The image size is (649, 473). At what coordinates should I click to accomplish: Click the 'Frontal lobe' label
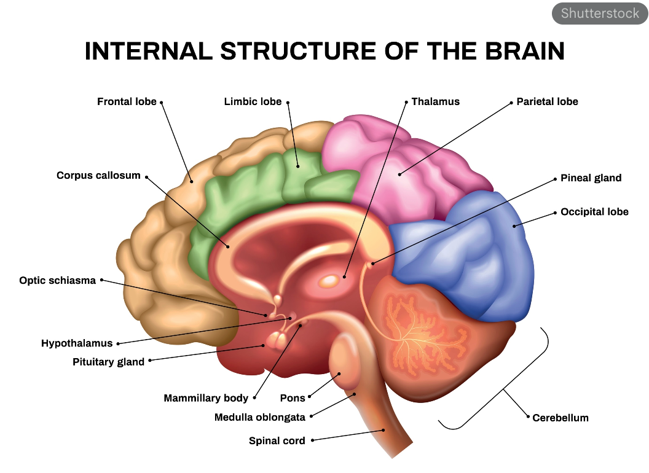127,102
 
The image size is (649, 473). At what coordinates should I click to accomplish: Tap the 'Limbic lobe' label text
253,102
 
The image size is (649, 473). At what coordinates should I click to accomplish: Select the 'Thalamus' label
435,102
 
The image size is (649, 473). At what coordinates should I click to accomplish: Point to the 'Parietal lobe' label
547,102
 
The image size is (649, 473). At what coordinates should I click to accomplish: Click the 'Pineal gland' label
591,178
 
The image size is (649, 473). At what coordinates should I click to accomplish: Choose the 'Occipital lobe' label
594,212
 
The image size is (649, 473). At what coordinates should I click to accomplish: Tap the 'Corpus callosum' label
98,176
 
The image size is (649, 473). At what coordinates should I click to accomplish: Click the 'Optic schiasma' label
58,281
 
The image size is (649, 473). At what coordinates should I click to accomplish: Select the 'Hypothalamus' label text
77,343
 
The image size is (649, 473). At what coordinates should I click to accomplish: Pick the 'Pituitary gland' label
108,362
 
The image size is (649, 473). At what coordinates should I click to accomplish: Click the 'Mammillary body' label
206,398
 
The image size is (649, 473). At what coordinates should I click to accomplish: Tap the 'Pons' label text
293,398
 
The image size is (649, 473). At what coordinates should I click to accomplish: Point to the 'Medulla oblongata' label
259,418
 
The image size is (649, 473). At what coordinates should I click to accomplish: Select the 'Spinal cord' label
277,440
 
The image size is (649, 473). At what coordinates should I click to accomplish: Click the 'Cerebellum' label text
560,418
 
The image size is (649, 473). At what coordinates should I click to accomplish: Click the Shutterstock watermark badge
599,13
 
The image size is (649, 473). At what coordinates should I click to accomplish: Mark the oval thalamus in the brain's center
330,281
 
